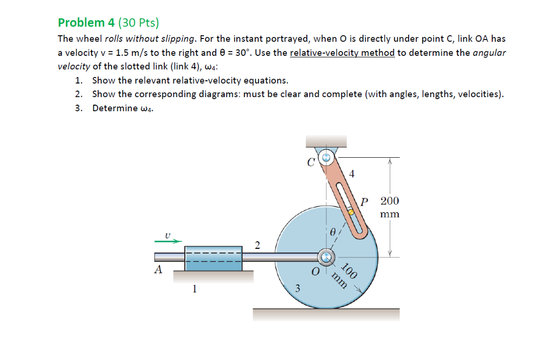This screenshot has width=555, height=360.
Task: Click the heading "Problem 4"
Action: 81,23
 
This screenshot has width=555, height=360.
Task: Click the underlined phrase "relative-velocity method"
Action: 342,53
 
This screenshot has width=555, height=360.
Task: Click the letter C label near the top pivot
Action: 311,161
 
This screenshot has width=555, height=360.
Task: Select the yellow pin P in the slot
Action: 351,213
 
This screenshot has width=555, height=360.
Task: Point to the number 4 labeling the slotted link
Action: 352,174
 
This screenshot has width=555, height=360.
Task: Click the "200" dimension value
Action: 390,201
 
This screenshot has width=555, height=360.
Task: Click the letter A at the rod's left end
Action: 158,269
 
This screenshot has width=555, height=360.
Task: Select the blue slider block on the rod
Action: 213,258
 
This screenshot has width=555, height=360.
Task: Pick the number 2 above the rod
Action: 257,245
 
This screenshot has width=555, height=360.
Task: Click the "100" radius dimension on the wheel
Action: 350,269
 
